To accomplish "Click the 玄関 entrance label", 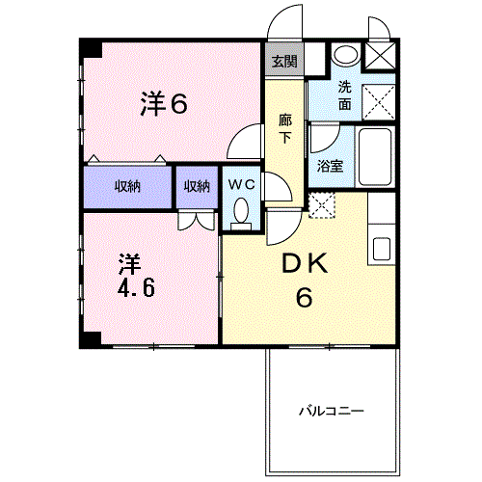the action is [x=284, y=61].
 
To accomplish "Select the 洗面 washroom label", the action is [x=345, y=95].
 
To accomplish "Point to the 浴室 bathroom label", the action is [x=330, y=166].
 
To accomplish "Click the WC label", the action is [x=242, y=185].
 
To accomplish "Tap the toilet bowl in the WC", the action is [x=241, y=214].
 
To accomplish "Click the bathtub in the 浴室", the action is [x=375, y=156].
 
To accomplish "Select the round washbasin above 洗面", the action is [x=346, y=54].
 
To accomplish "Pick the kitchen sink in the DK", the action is [x=382, y=249].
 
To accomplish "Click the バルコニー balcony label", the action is [x=332, y=411].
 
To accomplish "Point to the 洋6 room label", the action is [x=164, y=103].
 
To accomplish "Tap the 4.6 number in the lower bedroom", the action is [x=136, y=287].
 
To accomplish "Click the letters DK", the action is [x=305, y=263].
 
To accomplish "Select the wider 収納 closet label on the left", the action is [x=127, y=186].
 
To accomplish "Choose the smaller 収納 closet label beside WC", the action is [x=197, y=186].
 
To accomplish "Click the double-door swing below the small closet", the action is [x=197, y=222].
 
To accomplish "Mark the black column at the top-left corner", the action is [x=91, y=48].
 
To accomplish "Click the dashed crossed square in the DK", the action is [x=322, y=205].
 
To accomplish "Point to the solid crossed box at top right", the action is [x=380, y=56].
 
